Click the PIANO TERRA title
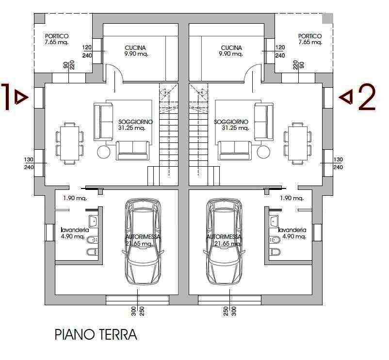click(x=96, y=334)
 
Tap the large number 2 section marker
click(x=367, y=97)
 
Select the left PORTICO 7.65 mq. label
click(x=57, y=39)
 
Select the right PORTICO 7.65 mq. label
click(x=310, y=39)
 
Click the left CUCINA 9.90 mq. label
click(x=135, y=51)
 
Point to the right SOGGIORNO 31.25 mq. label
click(x=231, y=125)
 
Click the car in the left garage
click(x=143, y=242)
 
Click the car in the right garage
click(x=224, y=242)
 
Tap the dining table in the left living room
click(x=69, y=143)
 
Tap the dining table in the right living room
click(x=298, y=143)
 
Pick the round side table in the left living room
click(x=104, y=152)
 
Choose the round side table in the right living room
click(x=264, y=152)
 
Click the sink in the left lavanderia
click(x=93, y=221)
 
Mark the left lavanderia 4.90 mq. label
click(x=75, y=233)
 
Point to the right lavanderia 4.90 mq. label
click(x=292, y=233)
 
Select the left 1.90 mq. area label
click(x=75, y=198)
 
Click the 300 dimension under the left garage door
click(x=134, y=311)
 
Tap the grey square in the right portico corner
click(x=327, y=18)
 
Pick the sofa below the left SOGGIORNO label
click(x=132, y=150)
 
